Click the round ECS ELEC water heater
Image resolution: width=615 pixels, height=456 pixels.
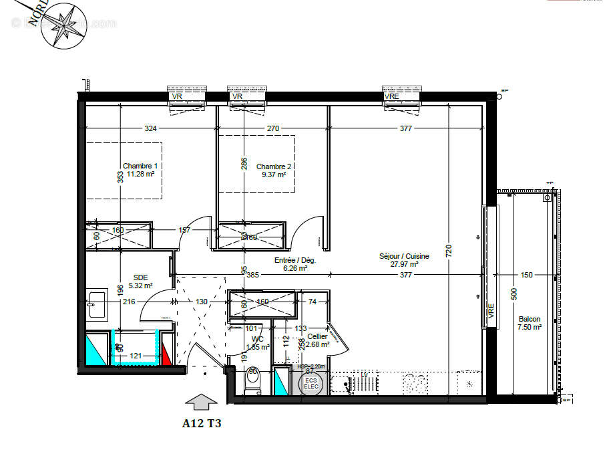click(x=311, y=384)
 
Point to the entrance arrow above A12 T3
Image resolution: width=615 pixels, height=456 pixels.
click(x=201, y=402)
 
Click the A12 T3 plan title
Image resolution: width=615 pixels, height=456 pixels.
click(x=201, y=423)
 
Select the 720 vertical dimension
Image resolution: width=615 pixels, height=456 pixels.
click(x=449, y=251)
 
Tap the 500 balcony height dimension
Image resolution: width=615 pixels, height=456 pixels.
click(x=513, y=295)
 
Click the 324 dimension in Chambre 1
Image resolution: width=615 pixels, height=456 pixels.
click(x=150, y=128)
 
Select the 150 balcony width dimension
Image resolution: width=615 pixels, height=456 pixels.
click(x=526, y=275)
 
